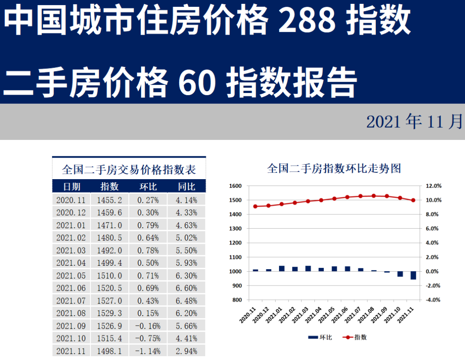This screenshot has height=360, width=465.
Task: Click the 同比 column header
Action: (x=187, y=186)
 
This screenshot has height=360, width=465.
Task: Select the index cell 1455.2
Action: (x=109, y=200)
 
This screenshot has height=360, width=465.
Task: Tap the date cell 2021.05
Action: (x=71, y=276)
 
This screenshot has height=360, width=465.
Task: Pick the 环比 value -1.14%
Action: (x=148, y=351)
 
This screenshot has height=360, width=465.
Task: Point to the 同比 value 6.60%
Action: (x=187, y=288)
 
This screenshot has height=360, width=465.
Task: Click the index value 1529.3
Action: (x=109, y=313)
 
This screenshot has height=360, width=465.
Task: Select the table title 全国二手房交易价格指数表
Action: (x=129, y=169)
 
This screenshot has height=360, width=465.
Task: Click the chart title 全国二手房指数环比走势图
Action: (x=334, y=168)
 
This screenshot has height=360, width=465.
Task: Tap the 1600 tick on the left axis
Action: (x=236, y=186)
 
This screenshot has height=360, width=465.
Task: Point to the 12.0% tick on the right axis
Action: (x=433, y=186)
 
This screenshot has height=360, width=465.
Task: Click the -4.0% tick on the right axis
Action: (x=433, y=300)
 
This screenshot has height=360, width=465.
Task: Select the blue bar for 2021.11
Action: (x=413, y=275)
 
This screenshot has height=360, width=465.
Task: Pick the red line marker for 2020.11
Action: (x=255, y=206)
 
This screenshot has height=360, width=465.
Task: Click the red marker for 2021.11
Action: (x=413, y=200)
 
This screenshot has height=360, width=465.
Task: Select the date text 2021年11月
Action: (x=414, y=122)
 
